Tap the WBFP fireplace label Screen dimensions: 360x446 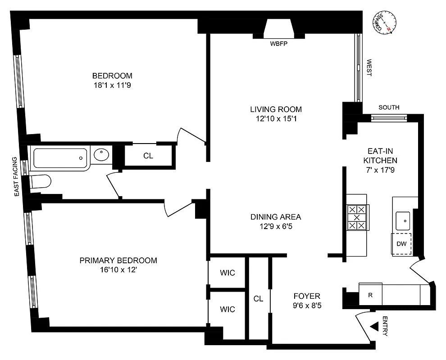click(x=278, y=44)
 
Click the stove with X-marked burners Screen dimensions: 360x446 click(x=357, y=218)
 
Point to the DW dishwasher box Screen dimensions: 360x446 click(x=401, y=244)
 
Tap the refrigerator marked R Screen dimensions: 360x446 click(x=370, y=296)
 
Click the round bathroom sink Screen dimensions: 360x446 click(x=101, y=155)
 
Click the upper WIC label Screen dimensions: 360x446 click(x=228, y=273)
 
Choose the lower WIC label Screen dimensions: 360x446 click(x=228, y=309)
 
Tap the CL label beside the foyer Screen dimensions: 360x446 click(x=258, y=298)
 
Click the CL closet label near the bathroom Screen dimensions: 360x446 click(x=148, y=156)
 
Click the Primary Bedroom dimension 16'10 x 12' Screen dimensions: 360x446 click(x=118, y=270)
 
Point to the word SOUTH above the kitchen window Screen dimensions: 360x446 click(x=389, y=107)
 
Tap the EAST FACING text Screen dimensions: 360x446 click(x=16, y=176)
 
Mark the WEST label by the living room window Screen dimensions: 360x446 click(x=369, y=67)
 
